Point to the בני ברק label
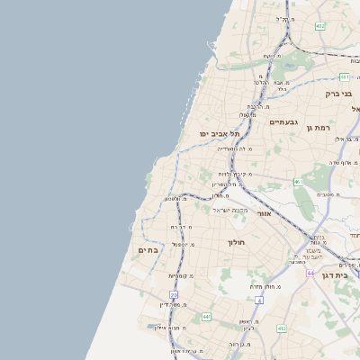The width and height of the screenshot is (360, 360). click(338, 93)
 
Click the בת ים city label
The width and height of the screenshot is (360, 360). click(148, 249)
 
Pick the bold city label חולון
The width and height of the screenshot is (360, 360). click(237, 243)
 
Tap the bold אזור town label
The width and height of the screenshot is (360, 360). click(264, 214)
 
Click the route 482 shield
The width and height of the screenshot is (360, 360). click(320, 26)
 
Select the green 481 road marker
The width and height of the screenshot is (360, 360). click(345, 77)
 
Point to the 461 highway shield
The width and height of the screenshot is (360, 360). click(297, 182)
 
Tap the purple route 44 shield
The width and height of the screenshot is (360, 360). click(310, 273)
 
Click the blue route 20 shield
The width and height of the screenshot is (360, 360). click(174, 294)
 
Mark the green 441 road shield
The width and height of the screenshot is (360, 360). click(206, 317)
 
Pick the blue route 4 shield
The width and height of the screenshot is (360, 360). click(259, 301)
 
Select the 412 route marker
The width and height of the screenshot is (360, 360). click(282, 328)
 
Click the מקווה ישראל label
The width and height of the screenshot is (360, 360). click(230, 210)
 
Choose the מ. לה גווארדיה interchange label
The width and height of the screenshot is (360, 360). click(235, 148)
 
